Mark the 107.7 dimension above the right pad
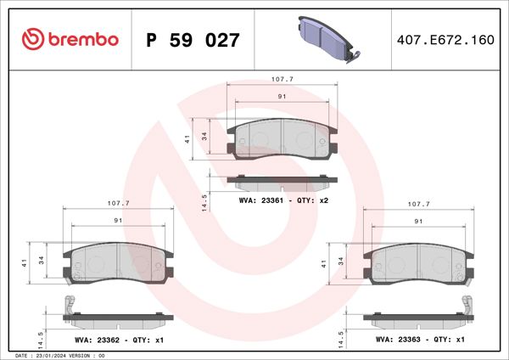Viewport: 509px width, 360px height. point(418,204)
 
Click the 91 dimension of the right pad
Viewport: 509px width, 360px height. point(418,221)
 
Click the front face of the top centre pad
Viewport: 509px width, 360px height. point(282,138)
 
